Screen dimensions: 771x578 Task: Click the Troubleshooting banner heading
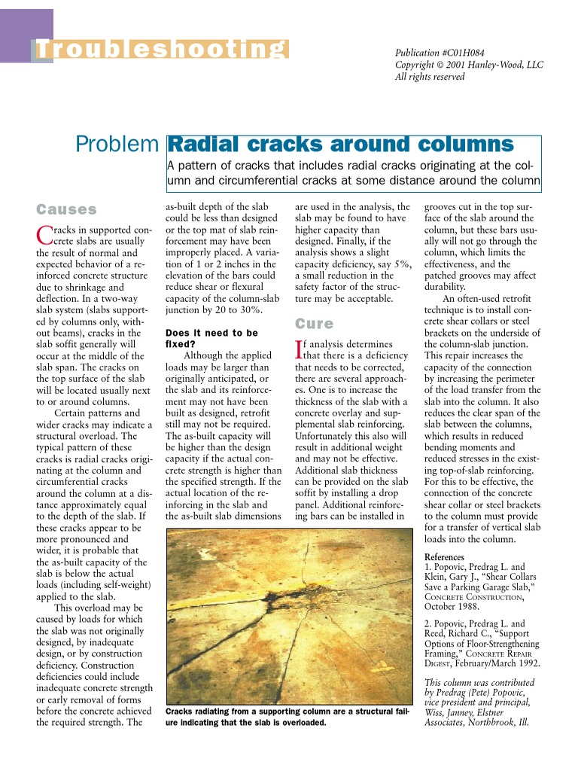point(162,49)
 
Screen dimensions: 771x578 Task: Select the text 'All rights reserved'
point(430,77)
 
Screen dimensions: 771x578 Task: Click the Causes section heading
point(67,209)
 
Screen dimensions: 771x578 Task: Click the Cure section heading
point(314,324)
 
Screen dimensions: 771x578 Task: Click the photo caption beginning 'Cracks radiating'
point(287,717)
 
